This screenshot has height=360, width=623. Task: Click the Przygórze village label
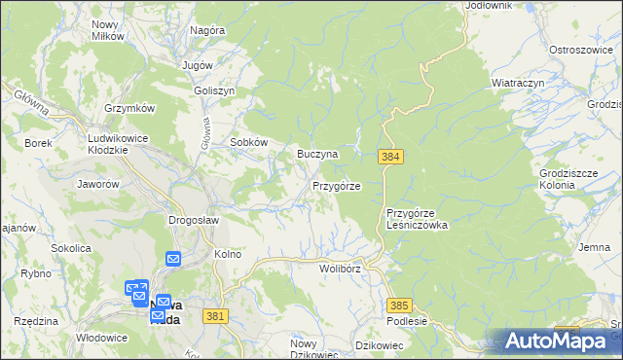337,185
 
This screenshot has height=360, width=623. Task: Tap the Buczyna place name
317,154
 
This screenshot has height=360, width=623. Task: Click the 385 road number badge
399,305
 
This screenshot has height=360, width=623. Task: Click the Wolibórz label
340,267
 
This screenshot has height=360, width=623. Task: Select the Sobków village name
248,141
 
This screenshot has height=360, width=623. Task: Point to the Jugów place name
198,64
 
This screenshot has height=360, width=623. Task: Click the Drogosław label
193,220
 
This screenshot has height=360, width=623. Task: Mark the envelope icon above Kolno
173,259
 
